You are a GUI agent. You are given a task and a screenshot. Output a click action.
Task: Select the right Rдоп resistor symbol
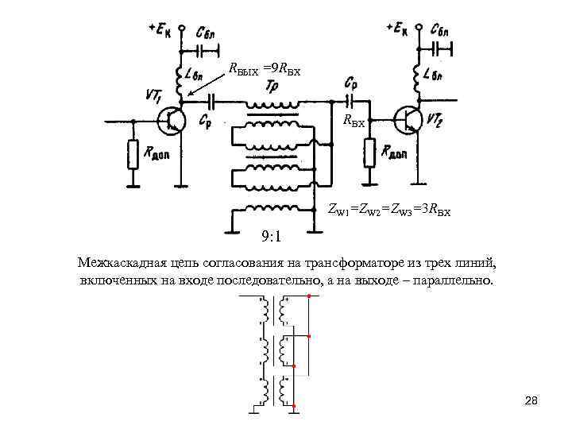[368, 152]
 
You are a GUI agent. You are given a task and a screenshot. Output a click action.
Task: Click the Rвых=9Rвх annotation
[263, 68]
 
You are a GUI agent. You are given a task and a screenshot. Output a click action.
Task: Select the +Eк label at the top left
[159, 29]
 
